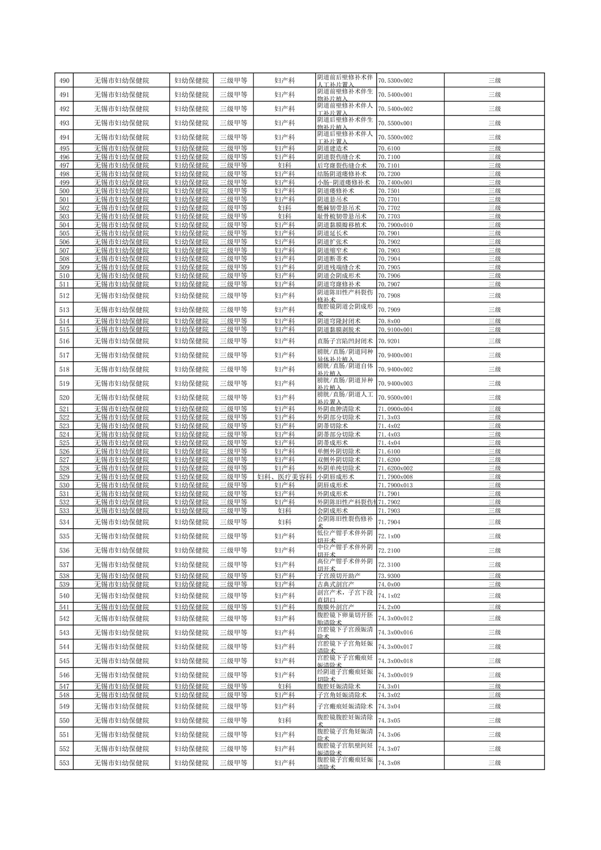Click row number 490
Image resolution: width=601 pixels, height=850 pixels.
pos(64,80)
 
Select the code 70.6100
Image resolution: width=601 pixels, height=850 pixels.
pos(389,148)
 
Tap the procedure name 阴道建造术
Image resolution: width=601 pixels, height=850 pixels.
pos(332,148)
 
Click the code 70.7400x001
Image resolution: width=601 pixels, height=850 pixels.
pos(395,182)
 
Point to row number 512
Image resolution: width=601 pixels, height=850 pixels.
pos(64,295)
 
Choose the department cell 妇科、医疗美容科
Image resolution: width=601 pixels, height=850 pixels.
pos(284,477)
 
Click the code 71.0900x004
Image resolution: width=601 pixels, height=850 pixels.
pos(395,409)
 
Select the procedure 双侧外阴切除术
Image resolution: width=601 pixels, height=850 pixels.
pos(338,460)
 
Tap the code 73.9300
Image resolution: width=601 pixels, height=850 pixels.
pos(389,576)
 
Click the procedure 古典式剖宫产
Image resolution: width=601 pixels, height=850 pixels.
pos(335,584)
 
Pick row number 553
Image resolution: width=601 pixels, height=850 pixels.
pos(64,763)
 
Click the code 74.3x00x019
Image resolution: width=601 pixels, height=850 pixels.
pos(395,675)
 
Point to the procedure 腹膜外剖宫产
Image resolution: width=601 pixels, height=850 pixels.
pos(335,607)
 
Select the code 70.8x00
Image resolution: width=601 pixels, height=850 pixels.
pos(389,321)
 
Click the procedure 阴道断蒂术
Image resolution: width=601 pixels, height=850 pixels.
pos(332,259)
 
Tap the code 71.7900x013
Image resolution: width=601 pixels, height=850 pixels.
pos(395,485)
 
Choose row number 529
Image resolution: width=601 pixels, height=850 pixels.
pos(64,477)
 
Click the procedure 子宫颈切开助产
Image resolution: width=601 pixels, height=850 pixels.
pos(338,576)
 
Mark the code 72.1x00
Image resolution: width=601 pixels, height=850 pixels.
pos(389,536)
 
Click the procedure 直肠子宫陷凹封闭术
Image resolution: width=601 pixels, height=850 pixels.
pos(345,341)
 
